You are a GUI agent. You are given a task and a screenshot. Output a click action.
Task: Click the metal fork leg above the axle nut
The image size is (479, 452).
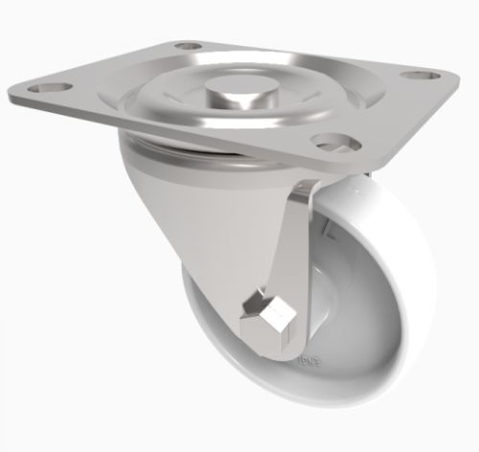click(x=287, y=249)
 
